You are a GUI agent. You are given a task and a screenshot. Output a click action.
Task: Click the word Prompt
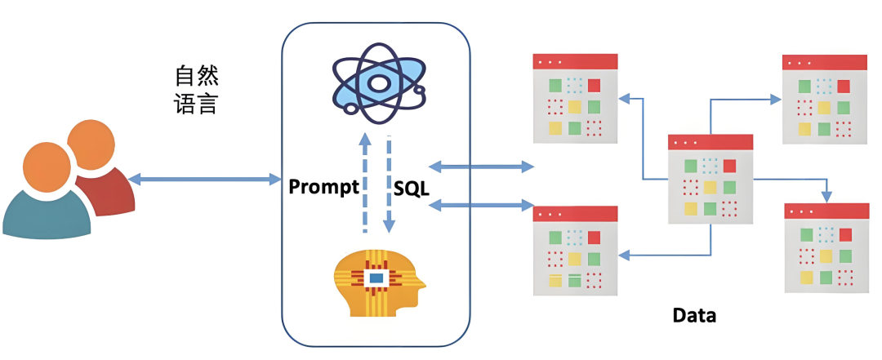(x=323, y=187)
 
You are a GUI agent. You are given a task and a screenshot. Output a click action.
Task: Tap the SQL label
(x=411, y=188)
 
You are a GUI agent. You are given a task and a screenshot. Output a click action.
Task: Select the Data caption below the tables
(x=695, y=316)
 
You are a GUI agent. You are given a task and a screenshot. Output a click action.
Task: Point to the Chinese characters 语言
(x=196, y=104)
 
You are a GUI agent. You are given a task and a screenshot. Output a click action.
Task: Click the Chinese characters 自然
(x=196, y=76)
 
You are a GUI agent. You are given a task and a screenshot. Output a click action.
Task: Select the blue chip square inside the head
(x=375, y=277)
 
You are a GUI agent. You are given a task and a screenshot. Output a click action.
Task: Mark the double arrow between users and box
(x=205, y=180)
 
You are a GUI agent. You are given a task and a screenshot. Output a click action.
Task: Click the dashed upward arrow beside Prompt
(x=364, y=183)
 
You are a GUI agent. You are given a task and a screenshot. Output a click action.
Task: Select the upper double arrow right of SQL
(x=482, y=166)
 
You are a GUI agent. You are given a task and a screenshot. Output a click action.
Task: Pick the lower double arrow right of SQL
(x=482, y=206)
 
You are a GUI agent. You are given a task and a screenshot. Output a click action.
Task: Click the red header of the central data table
(x=710, y=142)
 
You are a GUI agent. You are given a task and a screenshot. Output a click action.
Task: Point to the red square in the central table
(x=729, y=166)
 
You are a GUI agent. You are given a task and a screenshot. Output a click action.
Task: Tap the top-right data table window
(x=825, y=99)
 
